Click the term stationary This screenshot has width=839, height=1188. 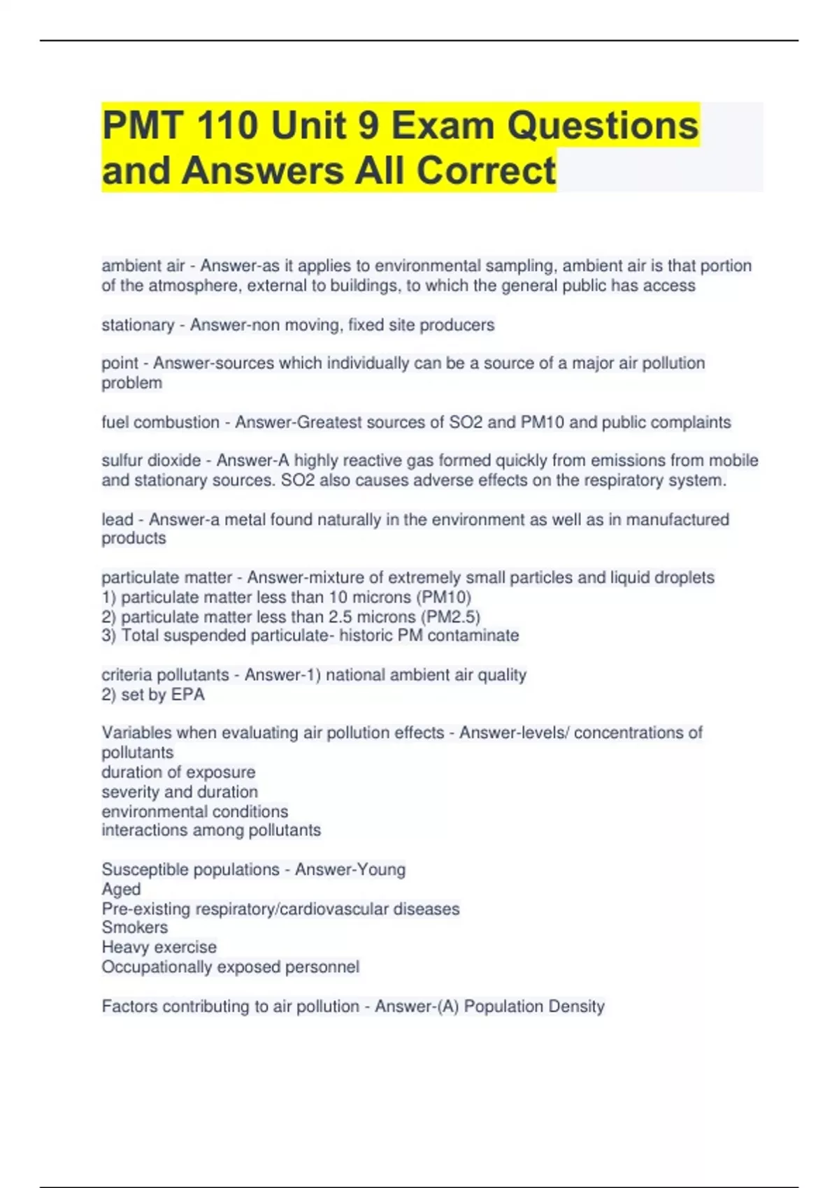point(138,325)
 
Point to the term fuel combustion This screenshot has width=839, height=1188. point(160,422)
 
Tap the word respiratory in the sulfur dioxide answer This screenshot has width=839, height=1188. point(622,480)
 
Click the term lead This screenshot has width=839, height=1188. point(117,519)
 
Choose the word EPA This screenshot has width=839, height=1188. point(187,695)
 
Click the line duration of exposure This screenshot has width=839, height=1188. point(178,772)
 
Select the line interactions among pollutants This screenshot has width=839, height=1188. point(211,830)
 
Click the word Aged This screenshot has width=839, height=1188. point(121,889)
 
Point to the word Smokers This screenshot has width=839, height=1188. point(134,927)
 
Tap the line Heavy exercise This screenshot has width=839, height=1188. point(159,947)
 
